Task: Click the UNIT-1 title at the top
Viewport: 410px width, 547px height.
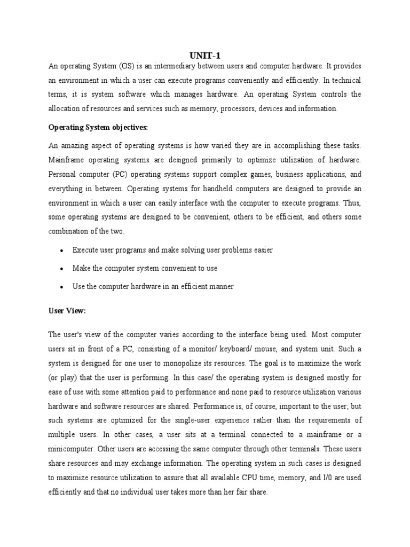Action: coord(204,55)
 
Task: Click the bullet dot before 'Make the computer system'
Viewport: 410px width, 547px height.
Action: coord(62,269)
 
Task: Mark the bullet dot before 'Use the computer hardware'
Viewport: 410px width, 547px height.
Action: coord(62,287)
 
